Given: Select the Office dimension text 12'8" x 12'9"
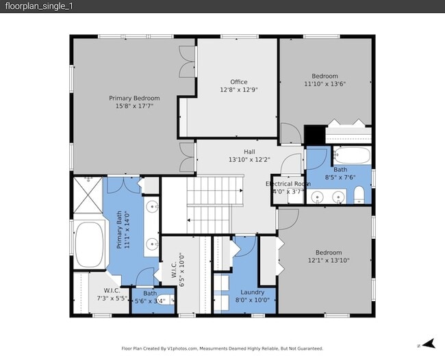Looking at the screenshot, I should pyautogui.click(x=238, y=90).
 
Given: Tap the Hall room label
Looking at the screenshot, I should pyautogui.click(x=249, y=151).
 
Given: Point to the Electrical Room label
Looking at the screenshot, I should pyautogui.click(x=288, y=184).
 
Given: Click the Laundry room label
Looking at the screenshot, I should pyautogui.click(x=252, y=292).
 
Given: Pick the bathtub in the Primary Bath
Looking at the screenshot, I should pyautogui.click(x=88, y=245).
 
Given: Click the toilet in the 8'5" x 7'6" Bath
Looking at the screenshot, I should pyautogui.click(x=359, y=198).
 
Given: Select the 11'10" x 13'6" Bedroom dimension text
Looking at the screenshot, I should pyautogui.click(x=325, y=84).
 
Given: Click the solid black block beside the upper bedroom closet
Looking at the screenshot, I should pyautogui.click(x=314, y=134).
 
